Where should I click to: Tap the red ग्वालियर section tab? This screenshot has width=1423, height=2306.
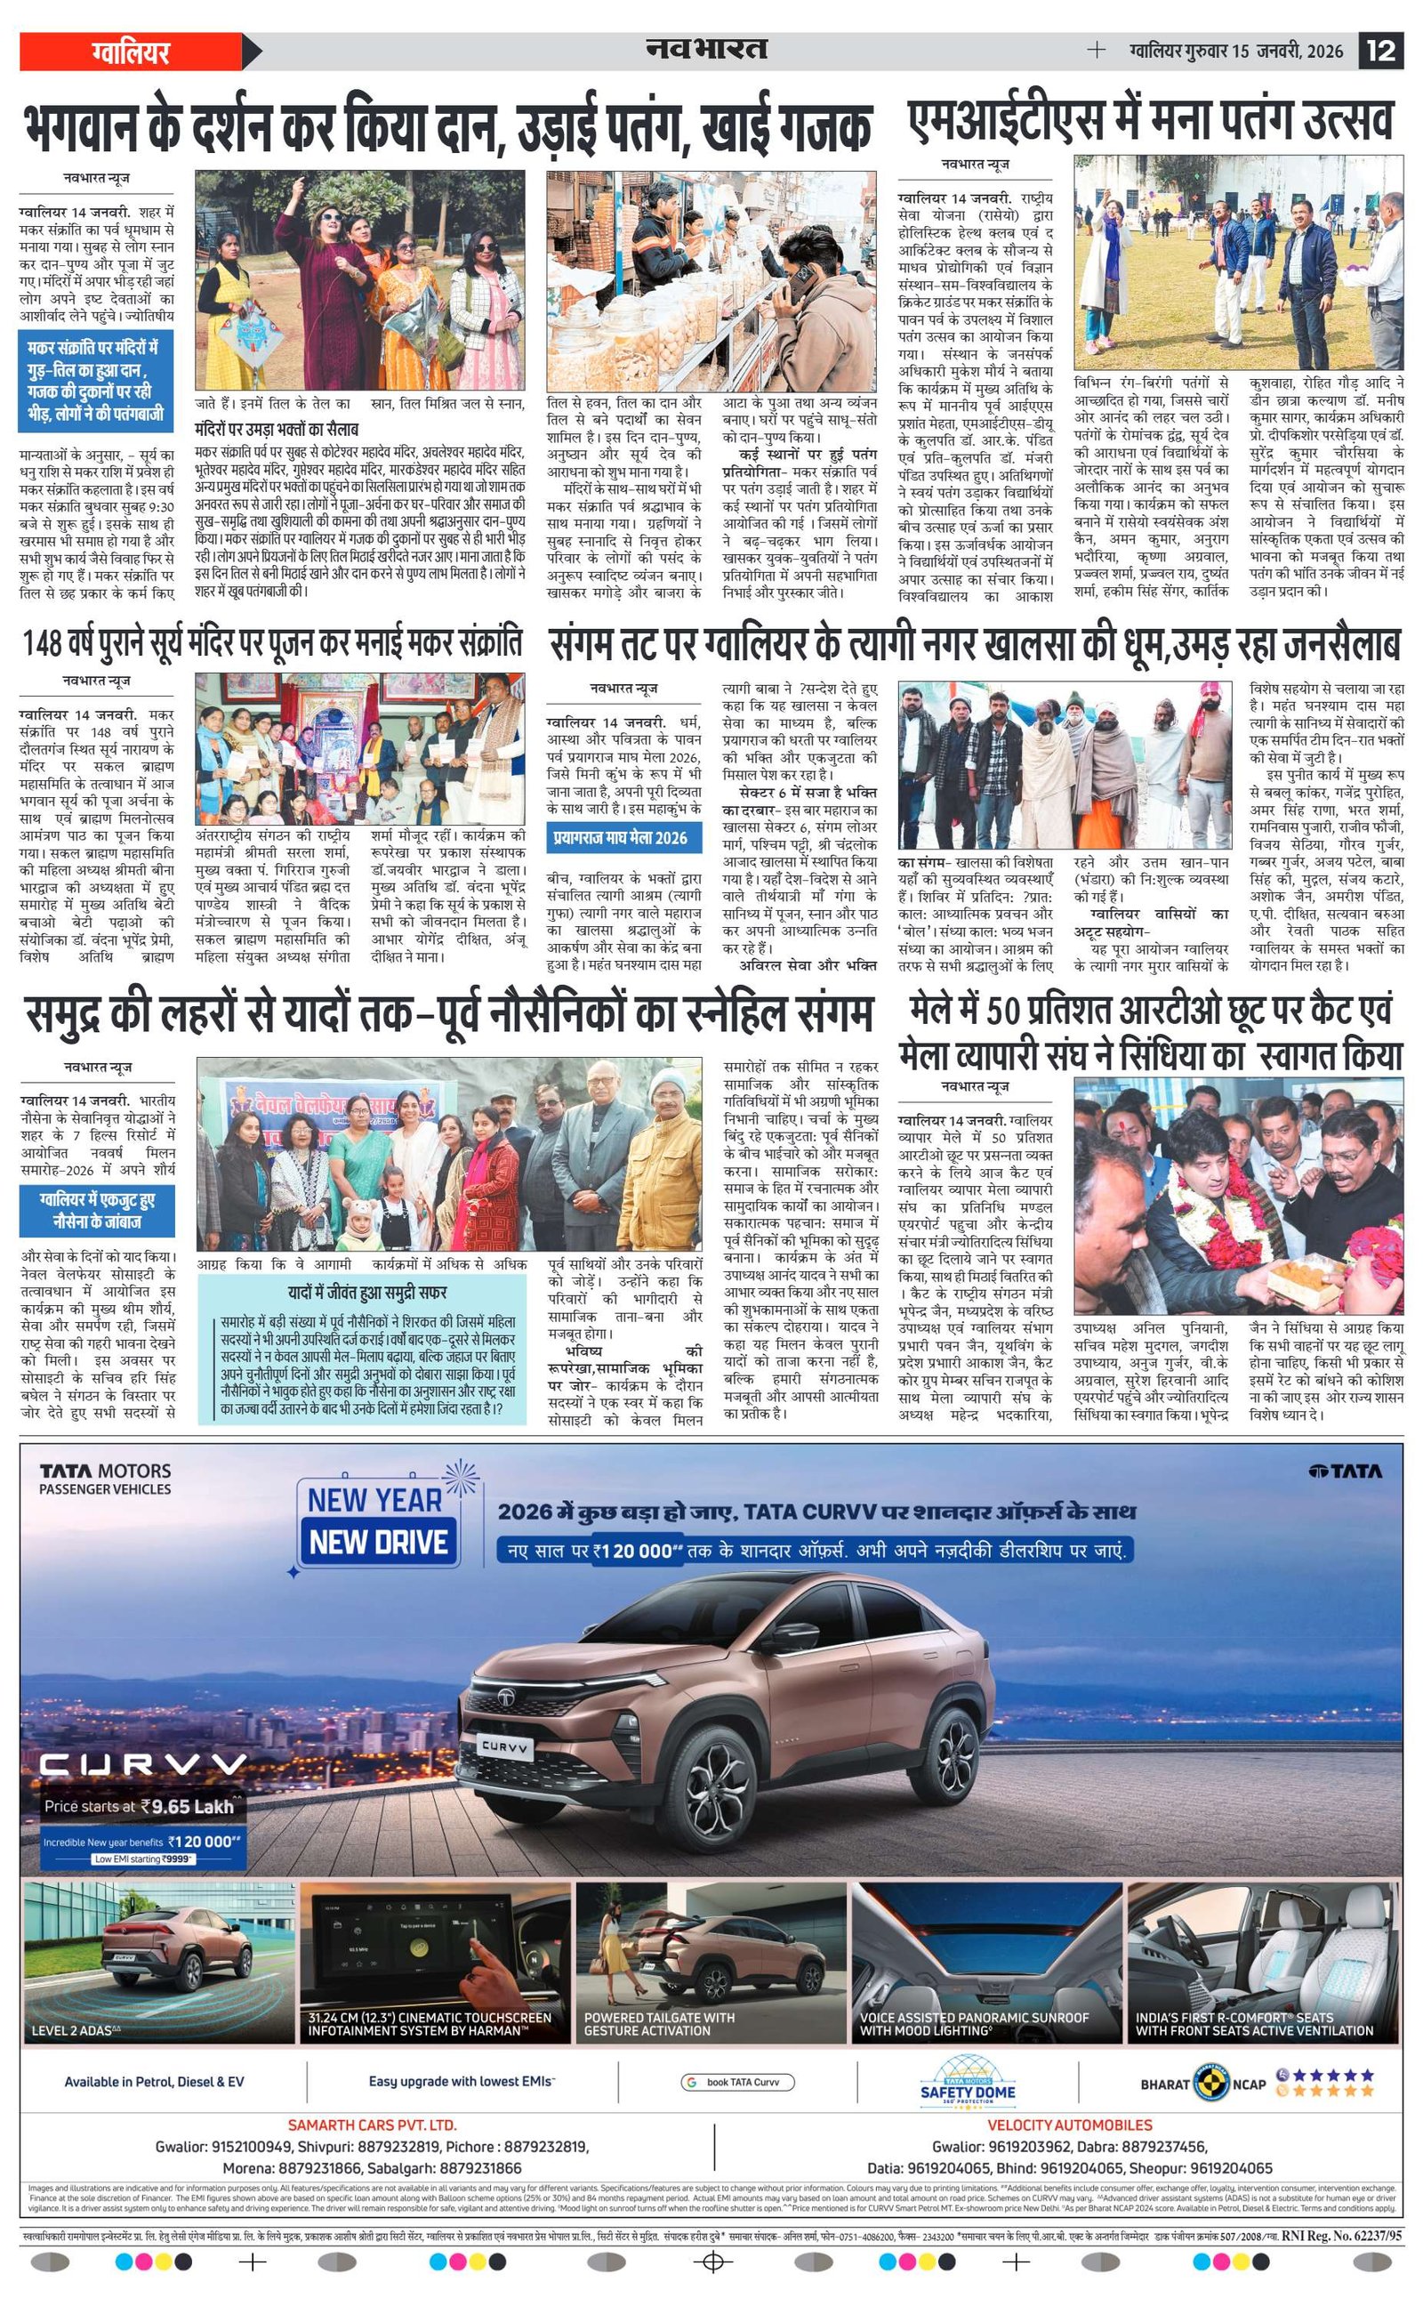[131, 51]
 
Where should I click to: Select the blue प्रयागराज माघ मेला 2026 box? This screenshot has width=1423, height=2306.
[620, 838]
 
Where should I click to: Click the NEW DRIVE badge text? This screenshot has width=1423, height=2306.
[378, 1542]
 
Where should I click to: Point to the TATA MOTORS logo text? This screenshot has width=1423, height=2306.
[106, 1471]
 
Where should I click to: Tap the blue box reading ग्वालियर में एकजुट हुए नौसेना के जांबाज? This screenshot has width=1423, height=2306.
[98, 1211]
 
